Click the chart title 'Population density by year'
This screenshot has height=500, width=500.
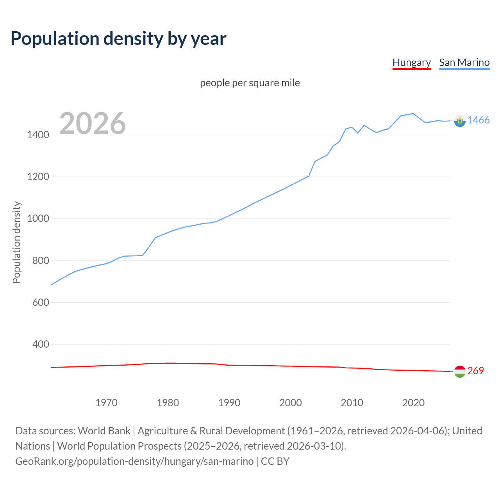tap(118, 39)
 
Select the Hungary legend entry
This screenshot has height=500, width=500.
tap(411, 62)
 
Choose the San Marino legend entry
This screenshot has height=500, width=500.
tap(464, 62)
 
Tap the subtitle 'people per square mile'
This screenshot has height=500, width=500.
tap(250, 83)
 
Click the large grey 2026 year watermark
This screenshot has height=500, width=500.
tap(93, 123)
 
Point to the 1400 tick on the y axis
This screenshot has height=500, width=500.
tap(38, 135)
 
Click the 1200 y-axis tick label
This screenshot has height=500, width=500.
tap(38, 177)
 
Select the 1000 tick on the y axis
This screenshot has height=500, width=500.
tap(38, 219)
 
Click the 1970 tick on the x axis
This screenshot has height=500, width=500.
tap(106, 403)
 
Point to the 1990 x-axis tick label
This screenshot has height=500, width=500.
tap(229, 403)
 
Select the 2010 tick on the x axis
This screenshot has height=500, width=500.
tap(352, 403)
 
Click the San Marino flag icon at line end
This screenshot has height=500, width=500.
tap(460, 121)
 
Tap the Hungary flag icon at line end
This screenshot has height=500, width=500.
tap(460, 371)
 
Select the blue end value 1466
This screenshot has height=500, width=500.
tap(479, 120)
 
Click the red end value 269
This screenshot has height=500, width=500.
tap(475, 371)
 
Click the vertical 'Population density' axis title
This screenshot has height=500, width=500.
tap(16, 242)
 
